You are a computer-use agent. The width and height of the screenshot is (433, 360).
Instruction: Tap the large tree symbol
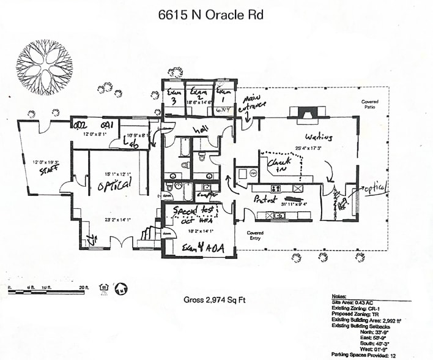45,67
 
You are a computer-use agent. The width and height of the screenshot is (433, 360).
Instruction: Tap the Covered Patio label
369,104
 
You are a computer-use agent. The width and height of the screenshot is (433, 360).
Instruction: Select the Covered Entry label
254,235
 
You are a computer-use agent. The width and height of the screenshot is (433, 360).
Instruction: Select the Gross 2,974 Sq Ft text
211,300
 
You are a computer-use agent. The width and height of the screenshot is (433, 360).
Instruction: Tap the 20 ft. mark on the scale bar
83,286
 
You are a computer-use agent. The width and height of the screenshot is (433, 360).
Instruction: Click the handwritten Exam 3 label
173,97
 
